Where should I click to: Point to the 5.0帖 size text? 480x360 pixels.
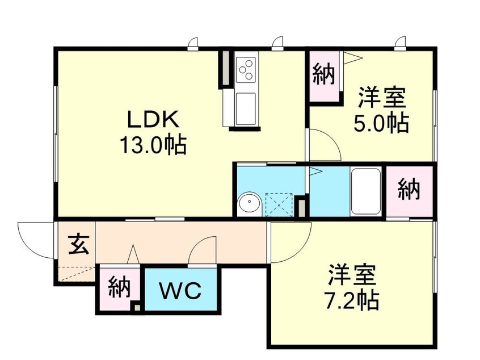click(381, 123)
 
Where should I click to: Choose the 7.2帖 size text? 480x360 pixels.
click(352, 300)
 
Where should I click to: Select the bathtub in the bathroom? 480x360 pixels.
click(365, 191)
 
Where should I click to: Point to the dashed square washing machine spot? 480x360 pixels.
click(279, 204)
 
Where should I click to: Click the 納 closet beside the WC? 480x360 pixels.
click(119, 287)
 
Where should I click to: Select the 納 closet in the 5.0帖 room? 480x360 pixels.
click(323, 76)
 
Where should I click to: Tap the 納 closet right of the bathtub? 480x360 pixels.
click(409, 190)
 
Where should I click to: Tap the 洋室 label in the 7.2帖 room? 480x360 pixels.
click(352, 275)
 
